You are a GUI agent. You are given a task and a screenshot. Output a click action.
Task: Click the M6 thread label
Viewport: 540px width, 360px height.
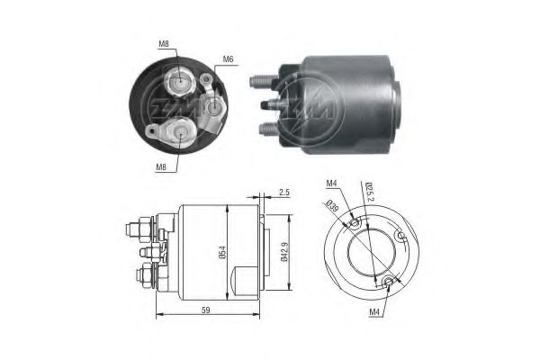tap(229, 59)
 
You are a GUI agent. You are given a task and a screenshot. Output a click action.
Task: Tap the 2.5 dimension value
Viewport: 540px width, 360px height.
tap(285, 193)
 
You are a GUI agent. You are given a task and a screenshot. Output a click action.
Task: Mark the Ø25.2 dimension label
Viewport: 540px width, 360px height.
tap(369, 192)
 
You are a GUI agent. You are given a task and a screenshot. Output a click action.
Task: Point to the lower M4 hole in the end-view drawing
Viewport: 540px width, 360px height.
tap(388, 283)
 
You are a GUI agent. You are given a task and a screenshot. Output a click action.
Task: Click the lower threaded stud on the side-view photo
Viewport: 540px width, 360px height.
tap(265, 128)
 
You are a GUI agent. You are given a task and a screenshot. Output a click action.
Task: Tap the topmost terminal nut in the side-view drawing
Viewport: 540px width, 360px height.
tap(144, 221)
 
